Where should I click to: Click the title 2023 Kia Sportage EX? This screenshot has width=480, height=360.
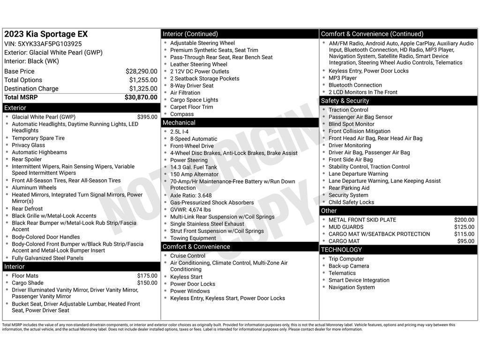46,34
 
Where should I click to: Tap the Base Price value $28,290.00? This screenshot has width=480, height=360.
141,71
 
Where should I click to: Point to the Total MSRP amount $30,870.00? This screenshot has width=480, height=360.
141,97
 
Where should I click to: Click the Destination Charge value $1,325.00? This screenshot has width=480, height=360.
143,89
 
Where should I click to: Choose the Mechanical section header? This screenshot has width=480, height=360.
179,123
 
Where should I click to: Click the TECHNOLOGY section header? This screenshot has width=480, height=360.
342,250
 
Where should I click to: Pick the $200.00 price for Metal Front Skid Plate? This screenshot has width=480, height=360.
464,220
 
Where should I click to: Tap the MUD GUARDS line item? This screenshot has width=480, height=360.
346,227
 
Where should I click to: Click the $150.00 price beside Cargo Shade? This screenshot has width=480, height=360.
147,283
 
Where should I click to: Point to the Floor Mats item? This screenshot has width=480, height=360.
25,276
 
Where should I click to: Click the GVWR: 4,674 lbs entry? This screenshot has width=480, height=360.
190,210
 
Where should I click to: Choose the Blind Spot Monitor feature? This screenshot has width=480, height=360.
352,124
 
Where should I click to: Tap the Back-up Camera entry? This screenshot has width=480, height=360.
349,266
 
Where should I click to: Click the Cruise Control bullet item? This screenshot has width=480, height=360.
187,256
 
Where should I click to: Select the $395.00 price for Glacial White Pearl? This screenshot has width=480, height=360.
147,117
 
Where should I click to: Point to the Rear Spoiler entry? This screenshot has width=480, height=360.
27,159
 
